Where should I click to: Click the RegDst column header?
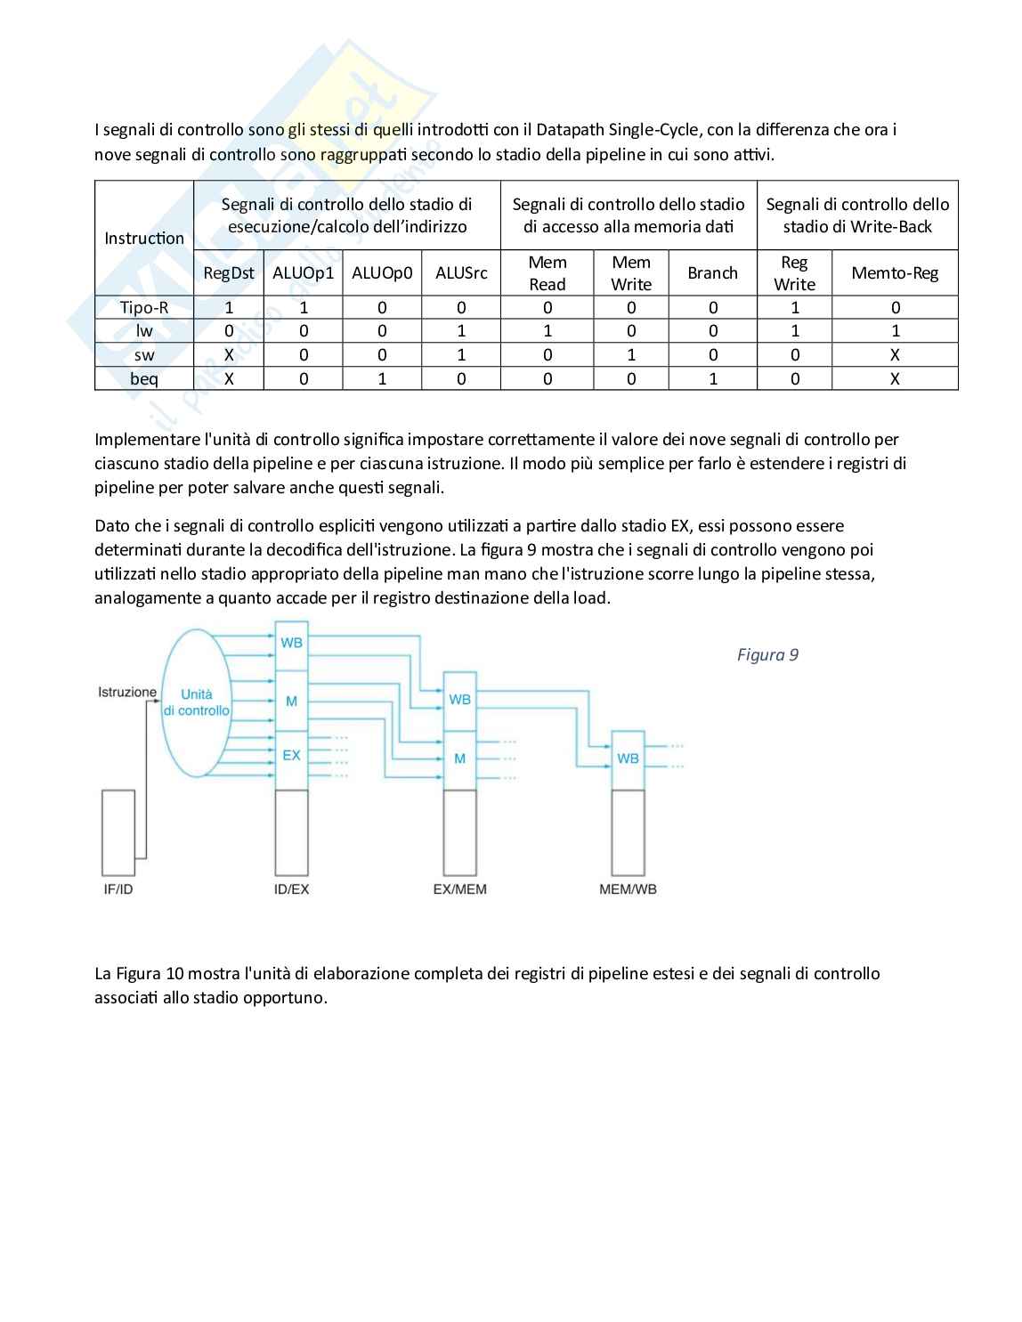(x=228, y=273)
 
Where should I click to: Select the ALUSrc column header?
(x=461, y=273)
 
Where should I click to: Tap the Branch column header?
(x=712, y=273)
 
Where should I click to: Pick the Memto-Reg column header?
(x=895, y=273)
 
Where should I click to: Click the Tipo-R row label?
(x=144, y=308)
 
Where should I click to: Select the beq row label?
(x=144, y=379)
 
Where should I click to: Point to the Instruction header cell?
(x=144, y=238)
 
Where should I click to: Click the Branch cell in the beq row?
(x=712, y=379)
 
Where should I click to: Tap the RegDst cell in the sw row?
(x=228, y=355)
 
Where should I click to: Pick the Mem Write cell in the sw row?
(x=631, y=355)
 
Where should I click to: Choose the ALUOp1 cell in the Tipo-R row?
(x=303, y=308)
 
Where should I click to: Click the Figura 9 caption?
(x=767, y=655)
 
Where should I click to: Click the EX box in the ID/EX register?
(x=291, y=756)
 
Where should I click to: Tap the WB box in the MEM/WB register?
(x=628, y=758)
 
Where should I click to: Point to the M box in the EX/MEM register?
(x=459, y=758)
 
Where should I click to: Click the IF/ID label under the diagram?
(x=118, y=889)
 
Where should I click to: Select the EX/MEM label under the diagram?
(x=459, y=889)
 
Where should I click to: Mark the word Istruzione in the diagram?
(x=127, y=692)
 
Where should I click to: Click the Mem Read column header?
(x=547, y=273)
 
